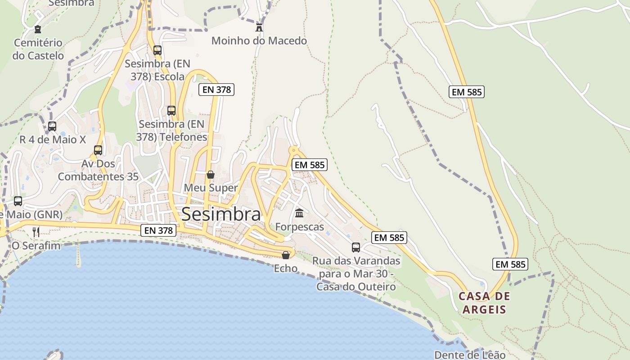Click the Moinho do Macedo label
[x=259, y=41]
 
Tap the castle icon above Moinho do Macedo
[x=259, y=27]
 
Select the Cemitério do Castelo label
[x=38, y=49]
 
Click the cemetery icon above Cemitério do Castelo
[x=38, y=29]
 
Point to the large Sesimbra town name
[x=221, y=215]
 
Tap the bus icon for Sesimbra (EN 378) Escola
[x=157, y=50]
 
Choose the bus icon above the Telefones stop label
[x=171, y=110]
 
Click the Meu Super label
[x=211, y=188]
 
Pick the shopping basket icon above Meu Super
[x=210, y=175]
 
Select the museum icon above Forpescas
[x=299, y=213]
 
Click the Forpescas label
[x=299, y=227]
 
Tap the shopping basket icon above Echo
[x=285, y=255]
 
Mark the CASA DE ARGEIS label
[x=484, y=303]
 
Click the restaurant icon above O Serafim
[x=36, y=232]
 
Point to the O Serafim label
[x=36, y=246]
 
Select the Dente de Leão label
[x=470, y=355]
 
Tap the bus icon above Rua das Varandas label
[x=356, y=247]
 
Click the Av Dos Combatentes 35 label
[x=98, y=170]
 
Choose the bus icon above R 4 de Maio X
[x=52, y=126]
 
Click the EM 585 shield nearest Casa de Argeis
[x=510, y=264]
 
